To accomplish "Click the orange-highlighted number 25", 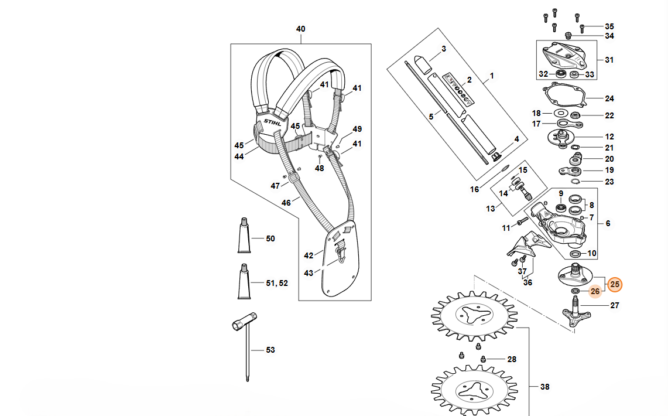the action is coord(615,284).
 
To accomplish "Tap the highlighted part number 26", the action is coord(595,292).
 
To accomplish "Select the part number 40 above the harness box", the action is coord(301,29).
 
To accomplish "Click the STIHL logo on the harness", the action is coord(273,122).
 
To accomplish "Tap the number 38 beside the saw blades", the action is coord(545,387).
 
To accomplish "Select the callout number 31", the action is coord(609,60).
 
